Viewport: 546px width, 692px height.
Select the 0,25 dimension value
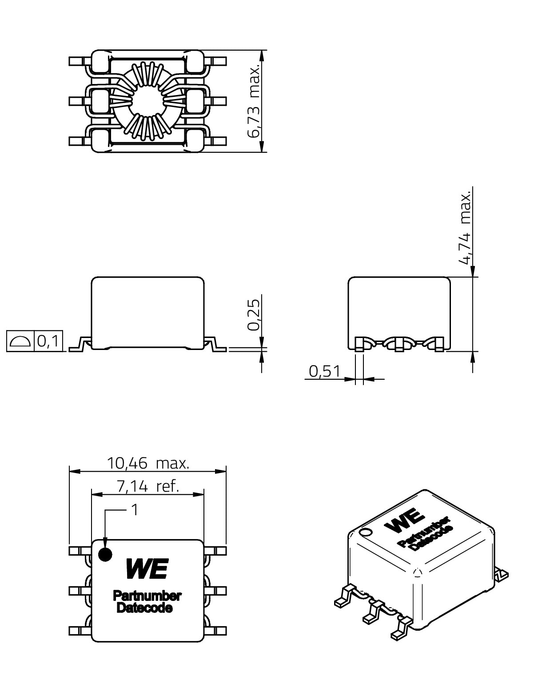pyautogui.click(x=253, y=315)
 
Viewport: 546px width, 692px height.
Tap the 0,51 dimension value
pyautogui.click(x=324, y=371)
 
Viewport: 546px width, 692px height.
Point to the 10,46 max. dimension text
pyautogui.click(x=148, y=463)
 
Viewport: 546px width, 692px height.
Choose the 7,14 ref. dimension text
pyautogui.click(x=148, y=486)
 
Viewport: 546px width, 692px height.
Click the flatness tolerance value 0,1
pyautogui.click(x=48, y=341)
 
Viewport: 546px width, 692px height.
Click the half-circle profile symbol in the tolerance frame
pyautogui.click(x=20, y=341)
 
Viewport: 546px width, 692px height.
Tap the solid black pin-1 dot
pyautogui.click(x=105, y=555)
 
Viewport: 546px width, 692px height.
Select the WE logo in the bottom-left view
pyautogui.click(x=147, y=569)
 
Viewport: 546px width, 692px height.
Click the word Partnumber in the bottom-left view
pyautogui.click(x=147, y=596)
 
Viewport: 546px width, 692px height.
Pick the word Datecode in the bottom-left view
pyautogui.click(x=145, y=608)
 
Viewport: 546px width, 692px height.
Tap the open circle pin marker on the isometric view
pyautogui.click(x=365, y=532)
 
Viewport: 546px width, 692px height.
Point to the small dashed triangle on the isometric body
pyautogui.click(x=417, y=572)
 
